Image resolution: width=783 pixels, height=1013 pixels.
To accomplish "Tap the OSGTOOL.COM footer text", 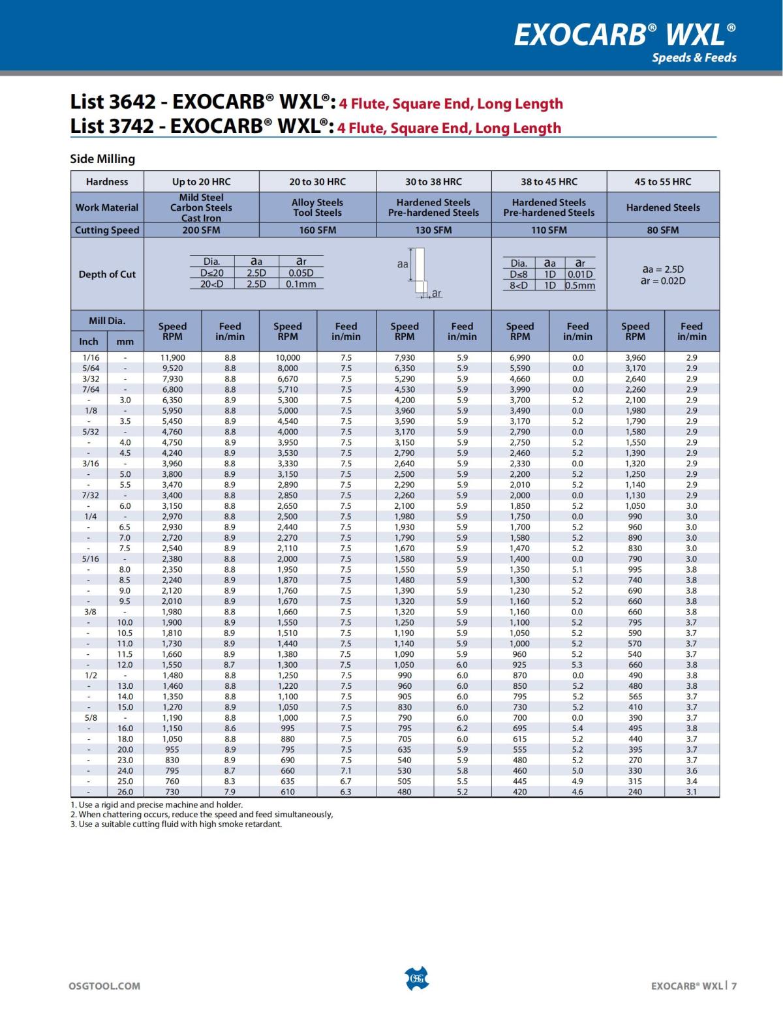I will [104, 986].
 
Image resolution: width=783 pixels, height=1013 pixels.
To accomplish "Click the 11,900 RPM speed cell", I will [173, 357].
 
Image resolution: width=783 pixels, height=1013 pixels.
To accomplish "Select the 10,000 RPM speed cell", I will [288, 357].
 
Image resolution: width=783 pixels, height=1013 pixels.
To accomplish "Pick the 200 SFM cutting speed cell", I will [201, 230].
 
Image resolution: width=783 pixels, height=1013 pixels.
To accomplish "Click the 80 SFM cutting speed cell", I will [663, 230].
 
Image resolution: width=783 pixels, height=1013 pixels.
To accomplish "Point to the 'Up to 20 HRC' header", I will [201, 181].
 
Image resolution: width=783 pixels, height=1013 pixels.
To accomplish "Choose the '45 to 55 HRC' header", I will [663, 181].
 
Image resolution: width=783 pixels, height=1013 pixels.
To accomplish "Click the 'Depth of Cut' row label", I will [107, 274].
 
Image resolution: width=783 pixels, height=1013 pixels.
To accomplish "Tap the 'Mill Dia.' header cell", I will [107, 320].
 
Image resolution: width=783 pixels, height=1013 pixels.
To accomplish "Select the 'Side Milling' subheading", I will [102, 159].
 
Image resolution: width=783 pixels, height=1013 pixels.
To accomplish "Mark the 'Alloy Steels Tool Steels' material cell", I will [317, 207].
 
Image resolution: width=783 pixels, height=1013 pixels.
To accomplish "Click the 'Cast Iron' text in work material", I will [201, 219].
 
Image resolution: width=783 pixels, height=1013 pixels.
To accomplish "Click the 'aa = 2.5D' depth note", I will [663, 269].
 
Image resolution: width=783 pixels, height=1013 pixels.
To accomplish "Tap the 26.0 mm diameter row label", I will [125, 792].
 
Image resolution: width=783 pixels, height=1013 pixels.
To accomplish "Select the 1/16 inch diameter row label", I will [91, 357].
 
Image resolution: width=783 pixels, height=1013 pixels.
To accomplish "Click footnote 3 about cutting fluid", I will [176, 824].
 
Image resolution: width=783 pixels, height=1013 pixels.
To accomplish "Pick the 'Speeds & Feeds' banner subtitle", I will [694, 57].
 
